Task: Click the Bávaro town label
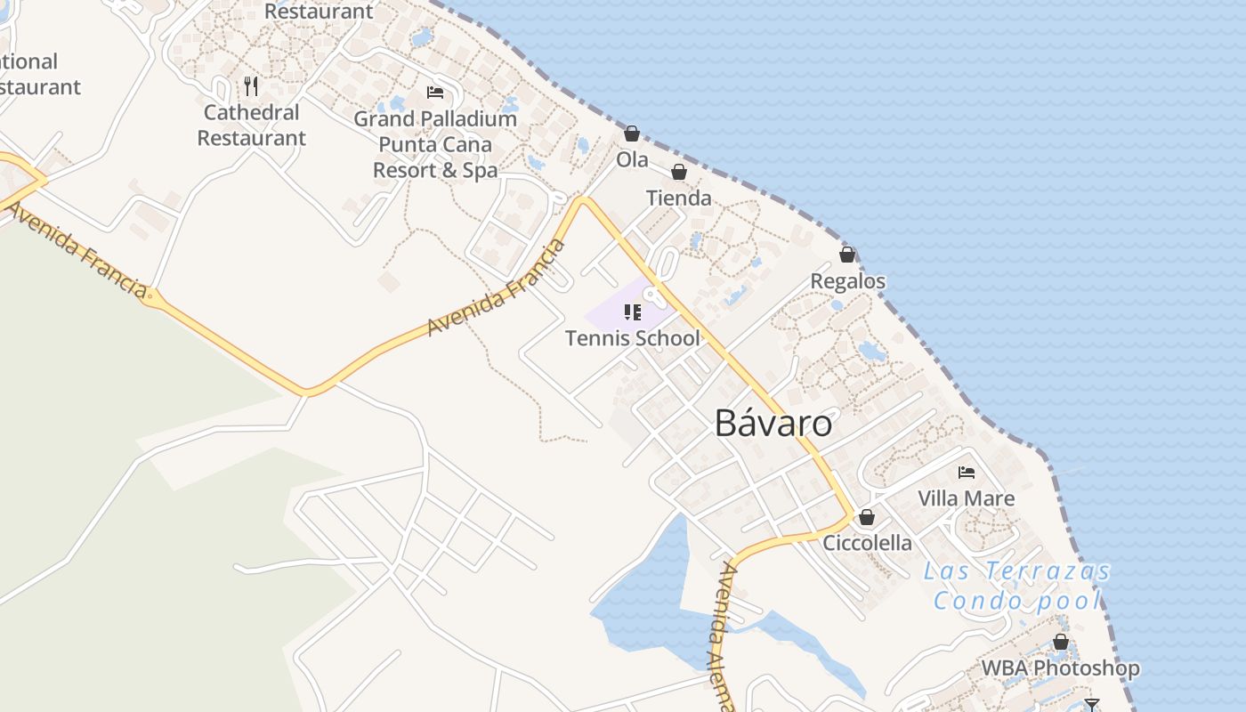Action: point(773,424)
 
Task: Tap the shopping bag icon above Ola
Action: point(632,133)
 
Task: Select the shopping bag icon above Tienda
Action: point(679,172)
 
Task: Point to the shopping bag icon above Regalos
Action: point(847,255)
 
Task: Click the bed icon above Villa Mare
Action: point(967,472)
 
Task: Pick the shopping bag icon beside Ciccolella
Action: point(867,517)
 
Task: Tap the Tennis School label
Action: point(633,338)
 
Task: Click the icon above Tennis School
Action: point(633,311)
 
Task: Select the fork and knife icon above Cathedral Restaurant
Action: point(251,86)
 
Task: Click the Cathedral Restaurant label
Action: point(251,125)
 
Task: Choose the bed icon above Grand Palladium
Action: point(435,93)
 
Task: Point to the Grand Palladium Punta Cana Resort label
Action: point(435,144)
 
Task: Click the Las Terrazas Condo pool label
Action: point(1017,586)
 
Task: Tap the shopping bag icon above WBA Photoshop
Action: point(1060,642)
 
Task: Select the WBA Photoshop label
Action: point(1060,667)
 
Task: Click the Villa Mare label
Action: point(966,498)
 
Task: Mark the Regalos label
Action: point(847,281)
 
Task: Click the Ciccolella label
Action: point(867,543)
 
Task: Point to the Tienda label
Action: point(679,198)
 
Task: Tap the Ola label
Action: point(632,160)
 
